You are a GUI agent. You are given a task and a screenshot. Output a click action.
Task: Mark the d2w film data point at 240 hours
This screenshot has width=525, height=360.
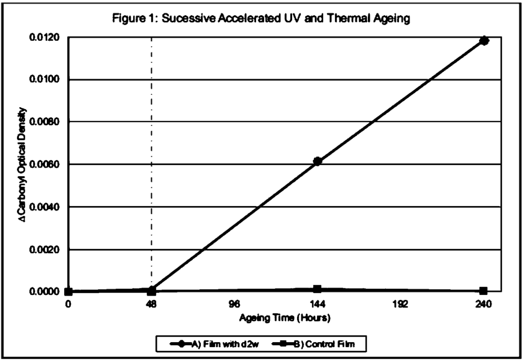[x=484, y=41]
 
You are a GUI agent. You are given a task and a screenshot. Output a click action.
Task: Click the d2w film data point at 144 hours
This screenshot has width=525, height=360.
[x=317, y=161]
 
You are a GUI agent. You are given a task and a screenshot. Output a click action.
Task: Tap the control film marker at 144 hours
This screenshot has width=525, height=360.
[x=317, y=289]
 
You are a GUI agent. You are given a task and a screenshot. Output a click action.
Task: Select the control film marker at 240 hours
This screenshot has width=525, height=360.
[x=484, y=291]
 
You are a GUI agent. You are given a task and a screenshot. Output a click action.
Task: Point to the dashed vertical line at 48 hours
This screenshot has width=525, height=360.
[x=152, y=133]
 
